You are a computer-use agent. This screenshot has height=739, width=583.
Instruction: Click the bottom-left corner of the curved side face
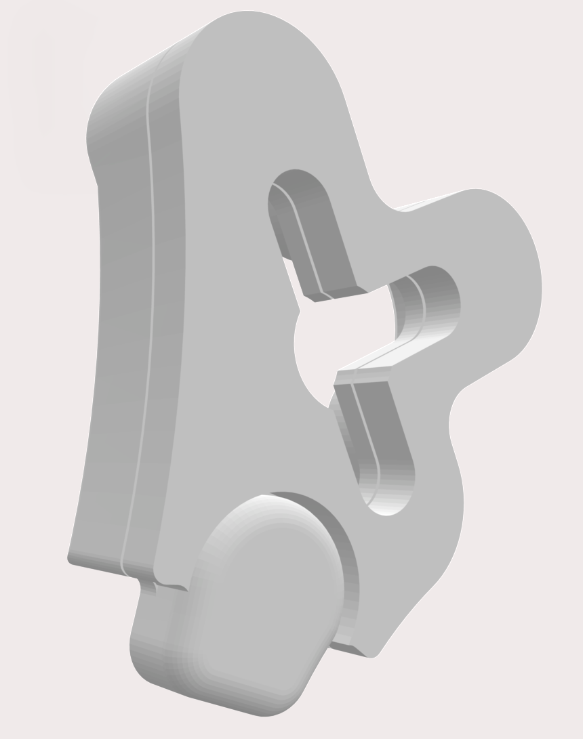71,559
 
